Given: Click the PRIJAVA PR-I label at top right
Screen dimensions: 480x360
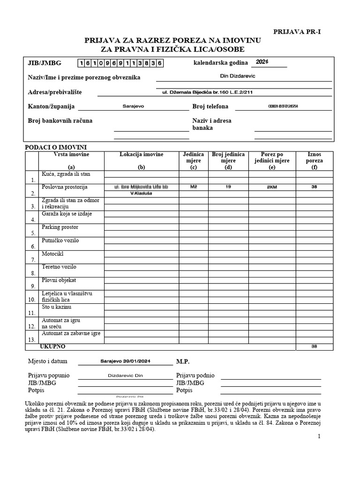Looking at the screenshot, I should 297,32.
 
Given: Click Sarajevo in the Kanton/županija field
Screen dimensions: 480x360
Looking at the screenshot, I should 133,106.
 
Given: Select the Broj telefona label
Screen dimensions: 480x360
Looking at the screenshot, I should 210,107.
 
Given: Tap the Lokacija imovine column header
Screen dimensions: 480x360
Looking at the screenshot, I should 141,154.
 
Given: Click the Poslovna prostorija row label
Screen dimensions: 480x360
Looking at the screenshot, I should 65,187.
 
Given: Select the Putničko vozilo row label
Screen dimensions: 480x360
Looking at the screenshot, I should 60,240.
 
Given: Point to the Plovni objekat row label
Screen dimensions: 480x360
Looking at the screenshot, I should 59,280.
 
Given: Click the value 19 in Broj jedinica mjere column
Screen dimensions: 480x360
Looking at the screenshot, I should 228,187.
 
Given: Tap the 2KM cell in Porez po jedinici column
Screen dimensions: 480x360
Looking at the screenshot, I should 271,187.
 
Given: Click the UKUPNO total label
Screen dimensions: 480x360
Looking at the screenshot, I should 53,346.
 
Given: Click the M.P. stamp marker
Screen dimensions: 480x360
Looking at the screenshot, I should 183,362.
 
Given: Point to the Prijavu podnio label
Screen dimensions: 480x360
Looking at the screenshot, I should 195,375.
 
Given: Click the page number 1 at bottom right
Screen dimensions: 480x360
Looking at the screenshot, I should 319,436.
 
